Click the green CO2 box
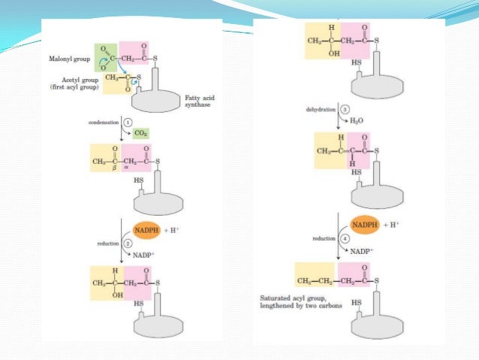[x=140, y=133]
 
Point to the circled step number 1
[x=128, y=122]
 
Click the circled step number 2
[x=128, y=243]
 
